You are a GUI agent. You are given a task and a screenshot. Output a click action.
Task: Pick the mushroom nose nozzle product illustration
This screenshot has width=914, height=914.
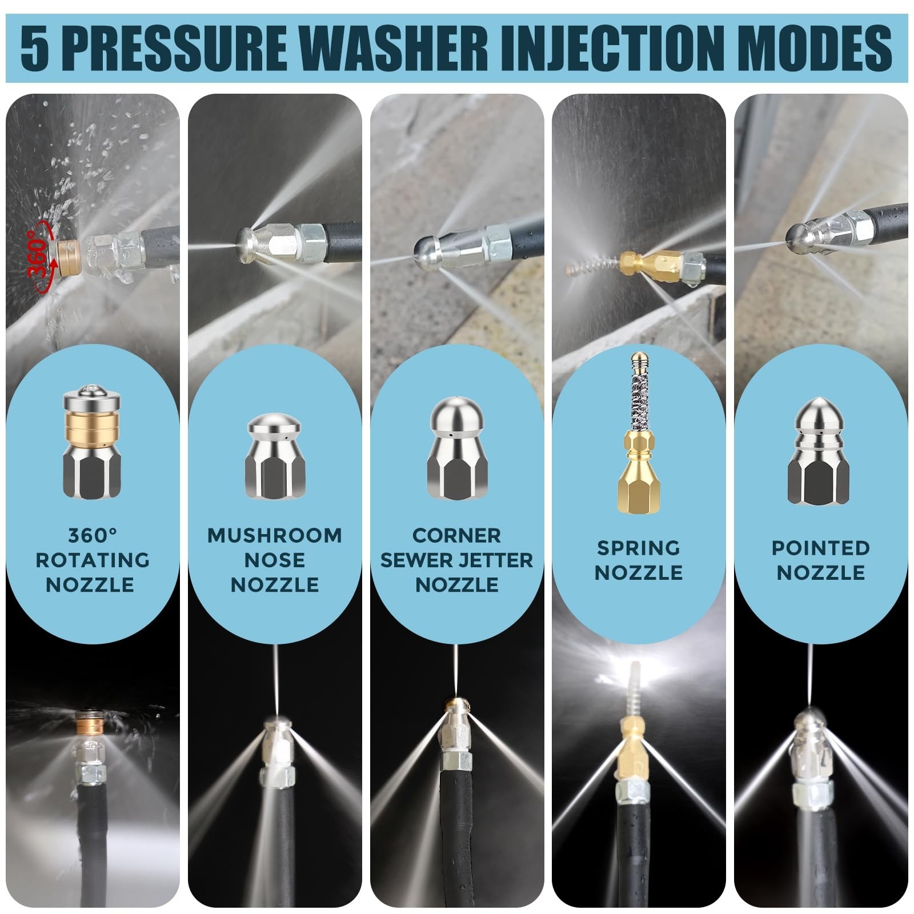274,456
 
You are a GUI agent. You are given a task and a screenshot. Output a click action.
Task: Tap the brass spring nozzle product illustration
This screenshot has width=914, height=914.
638,432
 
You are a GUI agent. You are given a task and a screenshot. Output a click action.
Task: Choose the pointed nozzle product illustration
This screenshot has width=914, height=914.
821,452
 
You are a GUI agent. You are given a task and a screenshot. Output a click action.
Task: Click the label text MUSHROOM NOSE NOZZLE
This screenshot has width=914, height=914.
275,560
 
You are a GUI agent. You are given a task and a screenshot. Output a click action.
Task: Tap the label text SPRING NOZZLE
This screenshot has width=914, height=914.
639,560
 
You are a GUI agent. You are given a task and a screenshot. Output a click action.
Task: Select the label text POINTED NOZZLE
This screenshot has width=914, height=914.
821,560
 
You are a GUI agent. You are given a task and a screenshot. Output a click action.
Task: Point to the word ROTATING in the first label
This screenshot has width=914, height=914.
93,560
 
